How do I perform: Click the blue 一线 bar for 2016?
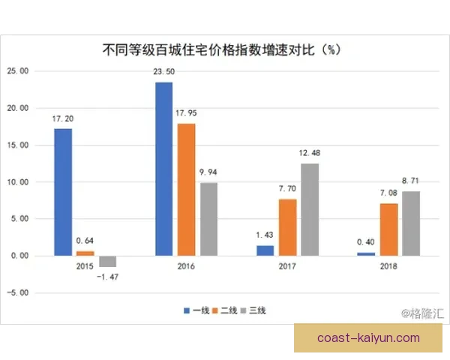(x=163, y=169)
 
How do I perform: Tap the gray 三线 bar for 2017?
(x=310, y=209)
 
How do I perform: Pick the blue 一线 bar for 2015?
(x=63, y=192)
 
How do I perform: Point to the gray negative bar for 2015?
(x=108, y=261)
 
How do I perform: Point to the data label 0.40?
(x=364, y=242)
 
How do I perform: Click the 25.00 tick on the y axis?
(x=17, y=71)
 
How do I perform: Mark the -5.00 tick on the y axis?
(x=17, y=292)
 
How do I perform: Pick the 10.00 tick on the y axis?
(x=17, y=181)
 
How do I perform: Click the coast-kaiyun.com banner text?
(x=368, y=338)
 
